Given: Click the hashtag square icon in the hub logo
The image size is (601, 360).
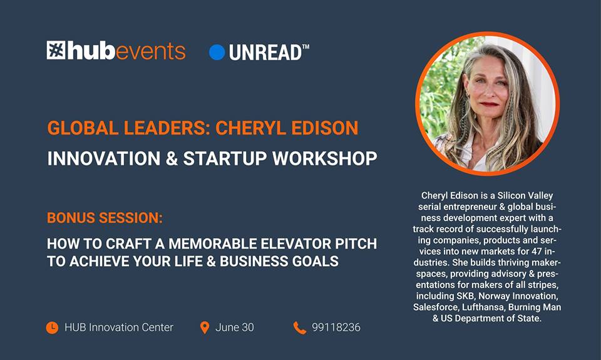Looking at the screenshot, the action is (x=56, y=50).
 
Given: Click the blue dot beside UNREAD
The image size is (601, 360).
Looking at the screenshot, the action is (x=217, y=53).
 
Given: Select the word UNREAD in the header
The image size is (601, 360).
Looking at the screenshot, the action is (x=265, y=53).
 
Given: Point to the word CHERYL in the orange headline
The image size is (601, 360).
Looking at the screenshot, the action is (x=250, y=128).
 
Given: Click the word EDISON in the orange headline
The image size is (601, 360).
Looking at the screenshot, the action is (x=325, y=128).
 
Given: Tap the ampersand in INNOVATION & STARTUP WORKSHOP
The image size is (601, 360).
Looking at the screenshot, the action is (x=172, y=159).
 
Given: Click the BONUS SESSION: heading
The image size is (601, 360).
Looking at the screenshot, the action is (x=105, y=218).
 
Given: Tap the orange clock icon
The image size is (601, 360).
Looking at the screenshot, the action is (x=52, y=328).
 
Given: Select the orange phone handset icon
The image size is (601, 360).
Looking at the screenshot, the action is (x=300, y=328).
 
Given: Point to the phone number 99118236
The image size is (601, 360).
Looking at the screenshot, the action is (x=336, y=327).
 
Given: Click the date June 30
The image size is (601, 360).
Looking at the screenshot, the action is (x=235, y=327).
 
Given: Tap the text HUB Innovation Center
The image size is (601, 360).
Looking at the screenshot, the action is (x=119, y=327).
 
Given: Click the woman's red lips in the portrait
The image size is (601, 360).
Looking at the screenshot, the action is (x=489, y=104).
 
